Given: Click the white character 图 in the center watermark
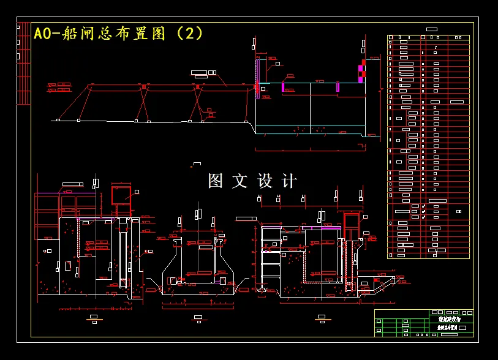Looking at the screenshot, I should [x=216, y=181].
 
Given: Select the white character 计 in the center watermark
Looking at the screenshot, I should [x=289, y=181].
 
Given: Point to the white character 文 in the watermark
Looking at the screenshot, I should [x=240, y=181].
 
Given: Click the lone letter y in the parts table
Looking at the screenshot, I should [x=436, y=47].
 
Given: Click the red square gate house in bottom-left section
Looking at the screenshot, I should [x=121, y=195].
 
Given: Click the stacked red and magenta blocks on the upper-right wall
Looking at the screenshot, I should [x=361, y=71].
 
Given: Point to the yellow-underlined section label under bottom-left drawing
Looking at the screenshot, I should [x=94, y=318].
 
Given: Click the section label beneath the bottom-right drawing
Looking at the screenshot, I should [x=321, y=318].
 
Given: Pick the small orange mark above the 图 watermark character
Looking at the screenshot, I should [x=196, y=163].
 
